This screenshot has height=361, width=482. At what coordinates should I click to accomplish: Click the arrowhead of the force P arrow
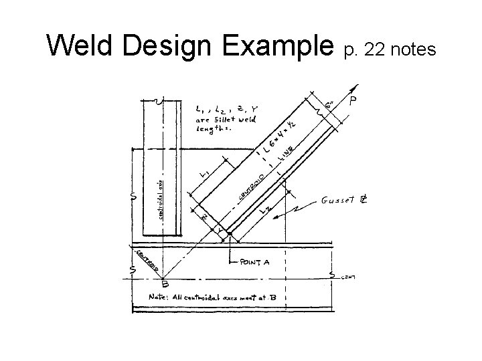coord(355,86)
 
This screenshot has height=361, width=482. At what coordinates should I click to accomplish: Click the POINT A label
coord(254,263)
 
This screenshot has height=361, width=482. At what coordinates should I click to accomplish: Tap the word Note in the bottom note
coord(161,296)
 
